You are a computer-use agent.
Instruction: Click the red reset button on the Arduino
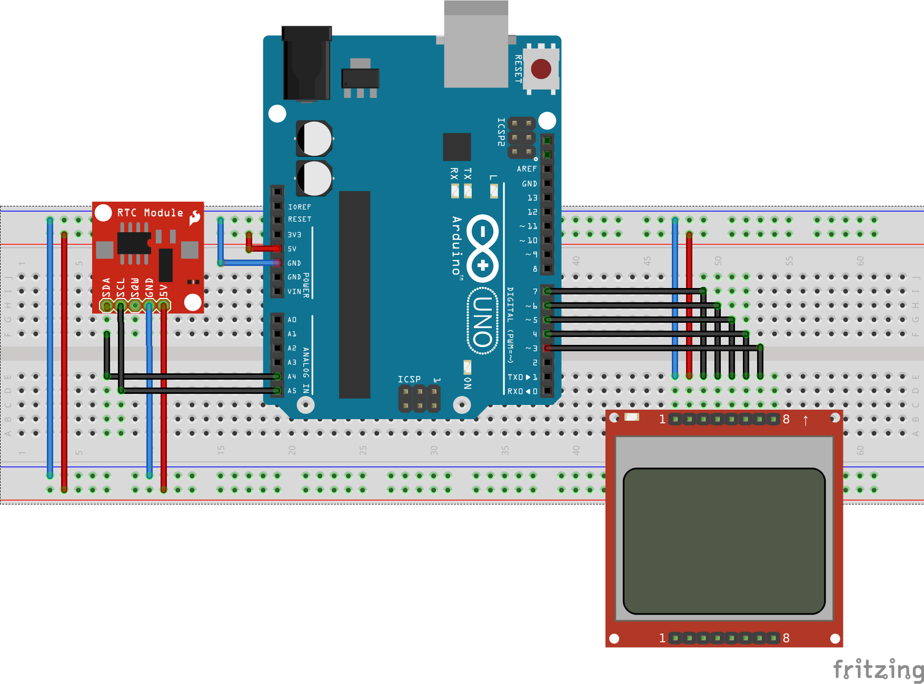(x=541, y=69)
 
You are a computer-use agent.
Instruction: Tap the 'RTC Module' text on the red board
(x=150, y=213)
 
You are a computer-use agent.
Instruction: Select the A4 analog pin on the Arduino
(x=277, y=376)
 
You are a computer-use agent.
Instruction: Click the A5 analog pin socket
(x=277, y=391)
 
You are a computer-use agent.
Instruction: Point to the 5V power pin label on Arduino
(x=292, y=249)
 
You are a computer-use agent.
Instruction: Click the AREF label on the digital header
(x=526, y=169)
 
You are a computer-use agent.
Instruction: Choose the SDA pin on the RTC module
(x=106, y=305)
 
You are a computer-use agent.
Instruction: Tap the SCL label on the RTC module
(x=121, y=288)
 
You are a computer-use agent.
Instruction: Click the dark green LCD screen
(x=724, y=541)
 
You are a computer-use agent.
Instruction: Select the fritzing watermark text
(x=878, y=670)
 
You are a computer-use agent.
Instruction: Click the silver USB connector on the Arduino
(x=476, y=45)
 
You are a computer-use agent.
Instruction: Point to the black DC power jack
(x=306, y=63)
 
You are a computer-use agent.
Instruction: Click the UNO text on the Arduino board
(x=482, y=321)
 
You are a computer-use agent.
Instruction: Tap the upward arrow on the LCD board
(x=806, y=420)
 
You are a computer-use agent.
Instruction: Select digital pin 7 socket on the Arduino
(x=548, y=291)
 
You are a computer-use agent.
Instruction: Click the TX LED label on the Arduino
(x=468, y=174)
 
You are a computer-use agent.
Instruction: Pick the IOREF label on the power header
(x=299, y=207)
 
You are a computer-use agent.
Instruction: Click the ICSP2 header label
(x=501, y=132)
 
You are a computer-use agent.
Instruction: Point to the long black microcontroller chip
(x=354, y=295)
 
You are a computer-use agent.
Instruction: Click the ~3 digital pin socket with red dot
(x=548, y=348)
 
